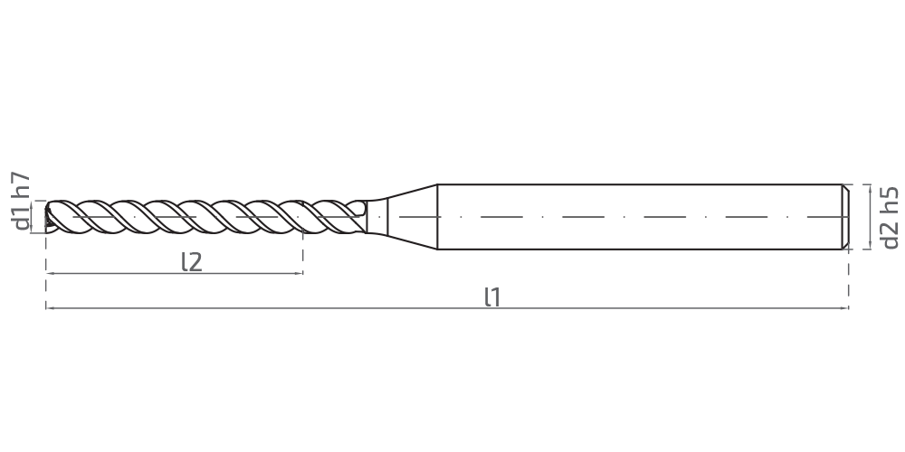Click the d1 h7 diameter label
(x=22, y=202)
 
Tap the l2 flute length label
(x=192, y=262)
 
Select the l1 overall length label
(x=492, y=297)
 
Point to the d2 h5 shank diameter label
(x=891, y=217)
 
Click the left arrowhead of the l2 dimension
(x=50, y=273)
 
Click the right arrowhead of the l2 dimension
(x=299, y=273)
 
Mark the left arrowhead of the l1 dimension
(x=50, y=308)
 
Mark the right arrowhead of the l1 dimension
(x=844, y=308)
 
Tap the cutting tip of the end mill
(x=47, y=217)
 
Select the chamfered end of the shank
(x=845, y=217)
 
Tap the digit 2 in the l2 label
(x=195, y=263)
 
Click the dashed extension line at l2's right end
(x=303, y=251)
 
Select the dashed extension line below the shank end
(x=849, y=279)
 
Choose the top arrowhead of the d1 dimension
(x=36, y=203)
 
